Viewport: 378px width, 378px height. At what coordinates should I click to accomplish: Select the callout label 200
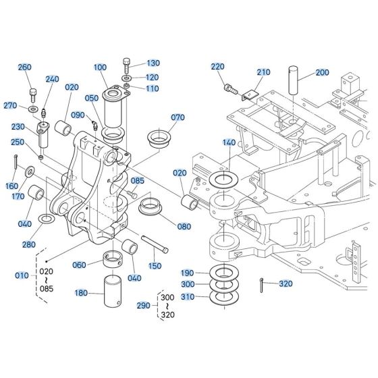pos(322,72)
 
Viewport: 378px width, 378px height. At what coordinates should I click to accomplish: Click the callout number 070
pos(177,117)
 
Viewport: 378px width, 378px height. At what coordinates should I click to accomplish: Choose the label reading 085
pos(138,180)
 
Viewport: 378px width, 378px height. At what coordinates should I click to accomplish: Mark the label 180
pos(80,293)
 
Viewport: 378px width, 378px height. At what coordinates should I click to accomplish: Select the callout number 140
pos(229,143)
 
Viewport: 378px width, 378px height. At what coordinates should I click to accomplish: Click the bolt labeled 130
pos(128,66)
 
